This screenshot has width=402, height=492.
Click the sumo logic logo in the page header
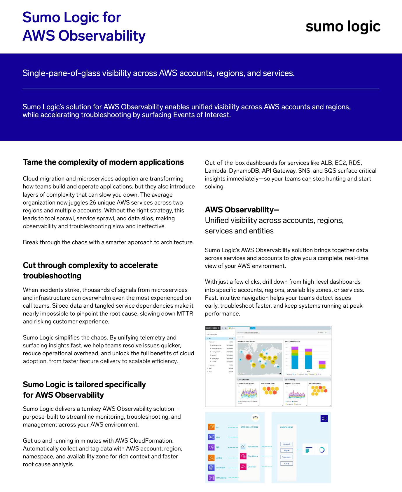(x=343, y=27)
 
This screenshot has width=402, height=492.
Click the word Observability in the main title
(x=102, y=36)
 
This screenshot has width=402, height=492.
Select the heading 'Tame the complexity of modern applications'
(x=103, y=162)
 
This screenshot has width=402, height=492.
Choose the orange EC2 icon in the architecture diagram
(x=211, y=427)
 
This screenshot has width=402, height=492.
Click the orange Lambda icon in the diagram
(x=211, y=458)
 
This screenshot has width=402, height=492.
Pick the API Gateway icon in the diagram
(x=211, y=478)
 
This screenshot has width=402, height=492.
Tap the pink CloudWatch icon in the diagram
(x=243, y=456)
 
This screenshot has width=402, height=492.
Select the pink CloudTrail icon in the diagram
(x=243, y=467)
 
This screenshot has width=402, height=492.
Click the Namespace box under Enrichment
(x=286, y=457)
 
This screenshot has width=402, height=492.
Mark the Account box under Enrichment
(x=286, y=444)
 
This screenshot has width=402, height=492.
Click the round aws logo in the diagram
(x=256, y=417)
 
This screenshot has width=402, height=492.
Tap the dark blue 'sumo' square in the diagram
(x=324, y=419)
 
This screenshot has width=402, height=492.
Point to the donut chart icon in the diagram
(x=322, y=450)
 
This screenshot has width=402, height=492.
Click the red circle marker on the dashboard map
(x=249, y=357)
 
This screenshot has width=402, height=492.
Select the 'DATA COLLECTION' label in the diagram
(x=249, y=427)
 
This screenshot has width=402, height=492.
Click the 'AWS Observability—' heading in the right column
(x=242, y=210)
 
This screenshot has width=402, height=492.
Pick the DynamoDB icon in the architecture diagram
(x=211, y=468)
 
